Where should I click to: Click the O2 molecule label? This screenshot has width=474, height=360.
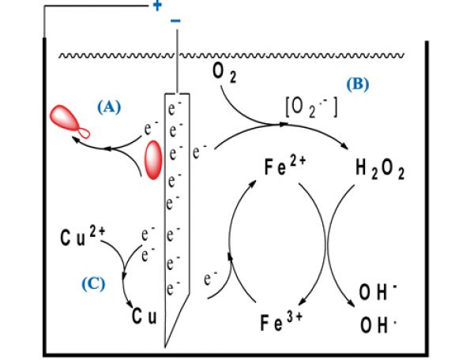224,73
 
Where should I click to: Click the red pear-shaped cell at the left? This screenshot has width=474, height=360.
69,121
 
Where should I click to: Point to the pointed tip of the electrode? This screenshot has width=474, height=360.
166,345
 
